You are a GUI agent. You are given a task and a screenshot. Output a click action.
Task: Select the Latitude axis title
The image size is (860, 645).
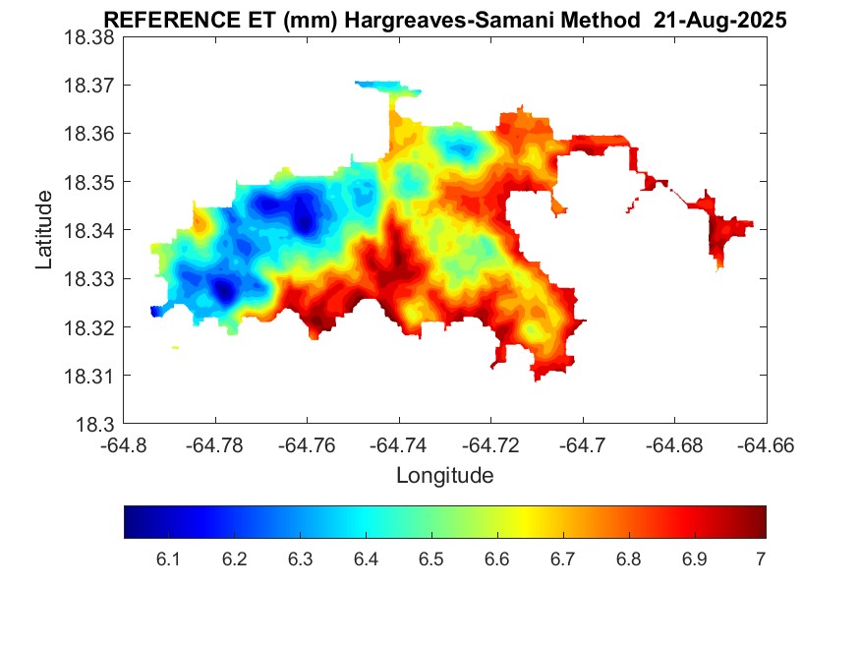(44, 230)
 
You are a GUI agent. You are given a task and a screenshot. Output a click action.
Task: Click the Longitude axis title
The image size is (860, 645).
(444, 476)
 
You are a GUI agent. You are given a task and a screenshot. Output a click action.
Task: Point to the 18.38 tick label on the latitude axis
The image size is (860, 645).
(88, 37)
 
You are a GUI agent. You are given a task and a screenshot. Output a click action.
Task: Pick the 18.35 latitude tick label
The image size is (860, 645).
(88, 182)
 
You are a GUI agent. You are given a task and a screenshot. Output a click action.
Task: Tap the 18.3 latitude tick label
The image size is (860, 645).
(95, 425)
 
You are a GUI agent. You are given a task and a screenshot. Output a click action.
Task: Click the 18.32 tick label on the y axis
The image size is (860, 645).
(88, 327)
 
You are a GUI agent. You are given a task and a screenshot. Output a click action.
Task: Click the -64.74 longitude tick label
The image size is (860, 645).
(398, 444)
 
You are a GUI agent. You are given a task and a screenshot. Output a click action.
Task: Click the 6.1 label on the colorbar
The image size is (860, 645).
(168, 559)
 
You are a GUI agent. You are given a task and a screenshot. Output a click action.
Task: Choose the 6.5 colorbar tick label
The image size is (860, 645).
(431, 559)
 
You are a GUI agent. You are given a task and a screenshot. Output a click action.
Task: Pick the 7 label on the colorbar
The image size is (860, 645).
(760, 559)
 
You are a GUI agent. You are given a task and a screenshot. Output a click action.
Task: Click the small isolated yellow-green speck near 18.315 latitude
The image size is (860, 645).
(175, 347)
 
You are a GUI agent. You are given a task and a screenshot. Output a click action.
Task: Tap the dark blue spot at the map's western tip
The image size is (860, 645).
(155, 311)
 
